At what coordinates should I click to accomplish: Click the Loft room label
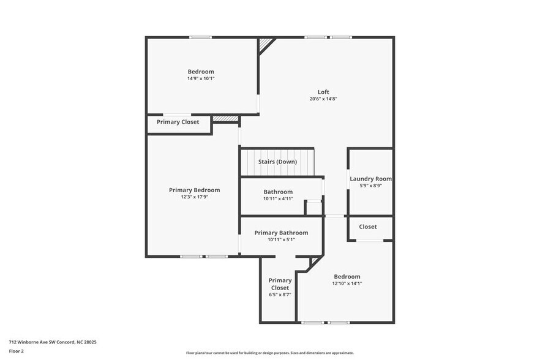coord(323,92)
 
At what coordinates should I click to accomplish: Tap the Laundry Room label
coord(370,179)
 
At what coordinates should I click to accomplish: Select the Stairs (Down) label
coord(277,162)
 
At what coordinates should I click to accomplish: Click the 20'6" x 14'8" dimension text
coord(323,99)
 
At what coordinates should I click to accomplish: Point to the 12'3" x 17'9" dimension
coord(194,197)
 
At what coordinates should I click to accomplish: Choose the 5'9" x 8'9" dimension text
coord(370,186)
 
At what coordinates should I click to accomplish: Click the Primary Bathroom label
coord(281,233)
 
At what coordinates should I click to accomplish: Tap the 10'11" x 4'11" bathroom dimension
coord(278,198)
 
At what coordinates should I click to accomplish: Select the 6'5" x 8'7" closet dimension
coord(280,294)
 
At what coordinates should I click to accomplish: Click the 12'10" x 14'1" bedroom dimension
coord(346,283)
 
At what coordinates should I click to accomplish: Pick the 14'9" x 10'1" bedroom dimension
coord(201,78)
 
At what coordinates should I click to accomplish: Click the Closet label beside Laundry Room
coord(368,227)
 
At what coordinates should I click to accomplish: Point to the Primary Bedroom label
coord(194,190)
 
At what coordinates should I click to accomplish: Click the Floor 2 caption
coord(16,351)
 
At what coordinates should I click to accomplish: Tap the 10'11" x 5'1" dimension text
coord(281,239)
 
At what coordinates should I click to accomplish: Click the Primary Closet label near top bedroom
coord(178,122)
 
